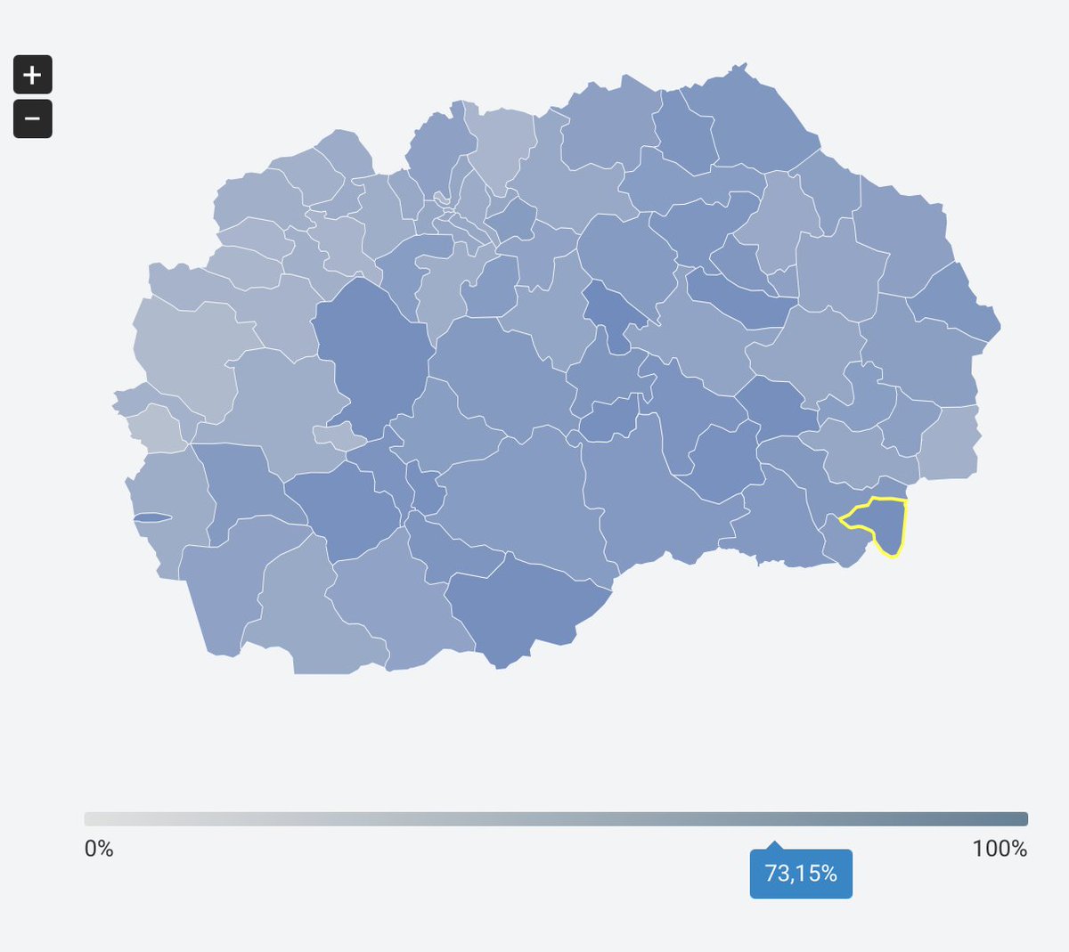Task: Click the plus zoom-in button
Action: tap(33, 75)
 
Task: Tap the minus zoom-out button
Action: tap(33, 118)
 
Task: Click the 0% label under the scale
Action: tap(99, 849)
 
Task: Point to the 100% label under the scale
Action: tap(1000, 849)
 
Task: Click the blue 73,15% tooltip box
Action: tap(801, 874)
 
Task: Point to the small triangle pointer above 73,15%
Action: tap(775, 844)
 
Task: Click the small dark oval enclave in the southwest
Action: tap(151, 517)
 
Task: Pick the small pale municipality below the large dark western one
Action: tap(337, 435)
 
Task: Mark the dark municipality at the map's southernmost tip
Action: tap(526, 614)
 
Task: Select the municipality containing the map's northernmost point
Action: tap(757, 116)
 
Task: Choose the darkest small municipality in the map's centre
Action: tap(615, 307)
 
